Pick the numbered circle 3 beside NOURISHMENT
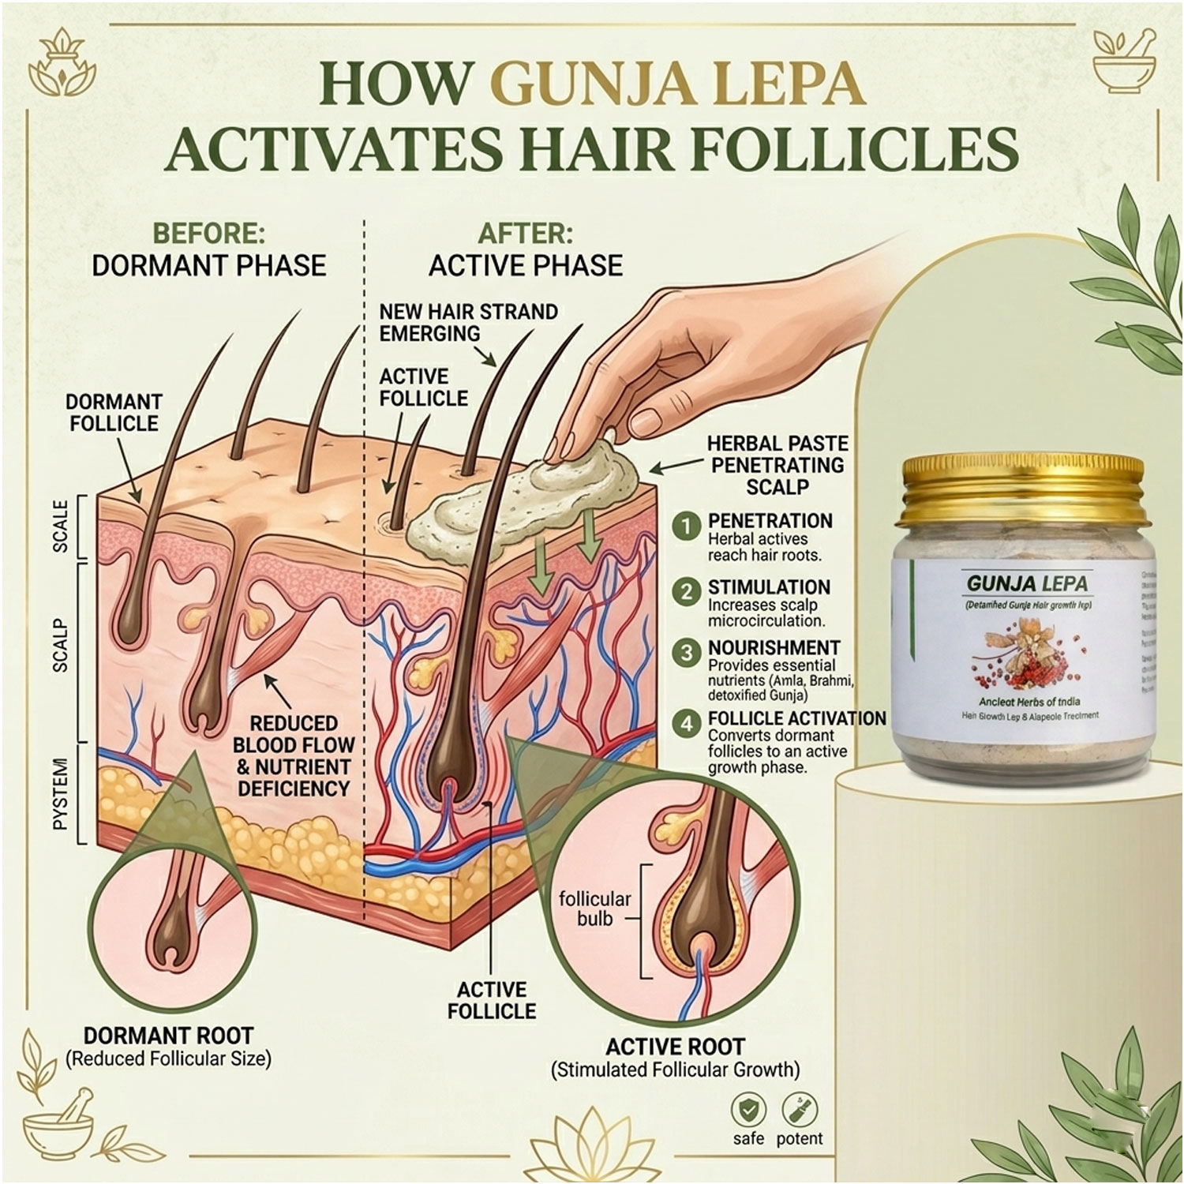point(687,653)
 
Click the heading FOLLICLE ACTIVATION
point(796,718)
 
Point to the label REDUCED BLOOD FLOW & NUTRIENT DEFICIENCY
point(293,755)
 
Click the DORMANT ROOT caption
point(168,1036)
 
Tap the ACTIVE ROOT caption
point(675,1047)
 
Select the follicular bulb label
point(594,909)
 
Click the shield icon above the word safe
point(747,1109)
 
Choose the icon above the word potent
point(800,1109)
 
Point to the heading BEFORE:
point(208,234)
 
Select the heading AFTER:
point(525,234)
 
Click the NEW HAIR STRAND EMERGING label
point(468,322)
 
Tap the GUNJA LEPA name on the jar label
point(1027,584)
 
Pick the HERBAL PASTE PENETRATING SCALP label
point(777,465)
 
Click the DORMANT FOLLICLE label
point(114,412)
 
